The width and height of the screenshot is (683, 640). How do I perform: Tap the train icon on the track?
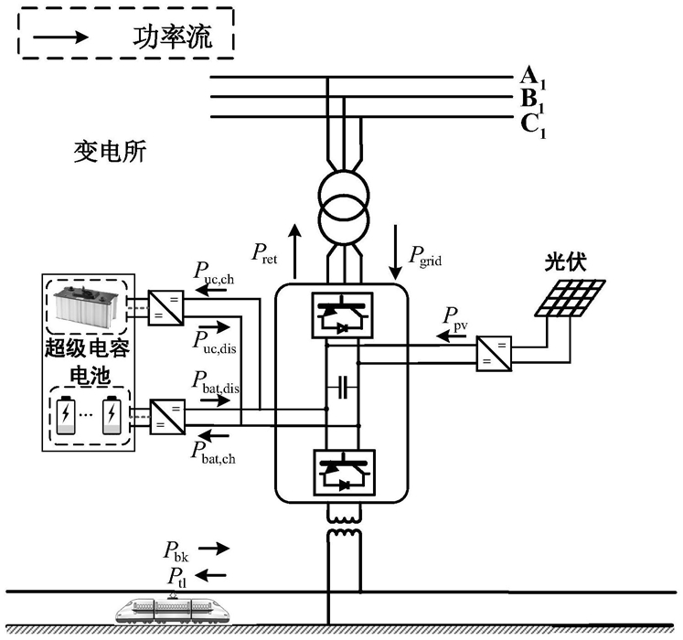pos(173,606)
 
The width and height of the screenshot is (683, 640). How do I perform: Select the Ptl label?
pos(178,576)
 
